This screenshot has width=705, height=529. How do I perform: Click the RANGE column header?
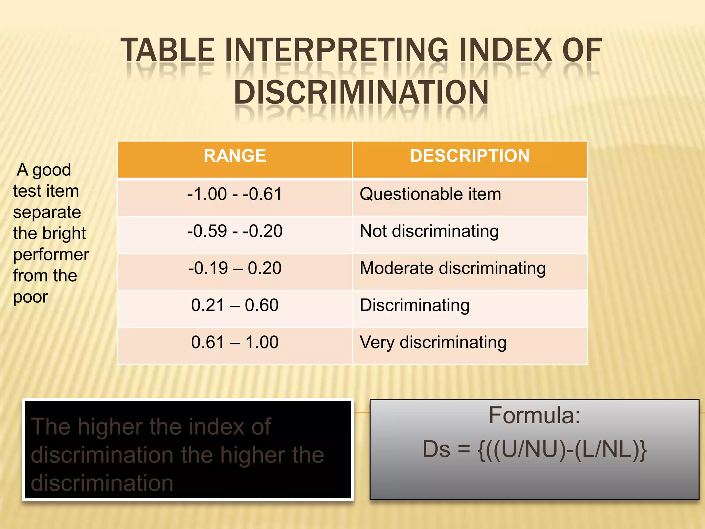pyautogui.click(x=235, y=156)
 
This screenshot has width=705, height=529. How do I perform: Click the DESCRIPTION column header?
pyautogui.click(x=470, y=156)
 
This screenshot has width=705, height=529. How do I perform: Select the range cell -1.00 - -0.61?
pyautogui.click(x=235, y=194)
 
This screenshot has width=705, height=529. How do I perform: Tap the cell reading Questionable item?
pyautogui.click(x=430, y=194)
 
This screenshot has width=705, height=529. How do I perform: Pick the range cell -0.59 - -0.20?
pyautogui.click(x=235, y=231)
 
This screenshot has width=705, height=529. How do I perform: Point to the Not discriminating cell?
pyautogui.click(x=429, y=231)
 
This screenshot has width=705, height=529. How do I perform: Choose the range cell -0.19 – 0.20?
pyautogui.click(x=235, y=268)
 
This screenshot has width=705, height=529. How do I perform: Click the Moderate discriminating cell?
pyautogui.click(x=453, y=268)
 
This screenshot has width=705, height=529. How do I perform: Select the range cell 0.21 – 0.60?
pyautogui.click(x=235, y=305)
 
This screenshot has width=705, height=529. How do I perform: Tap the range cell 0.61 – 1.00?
pyautogui.click(x=235, y=343)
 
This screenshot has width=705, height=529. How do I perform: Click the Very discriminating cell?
pyautogui.click(x=433, y=343)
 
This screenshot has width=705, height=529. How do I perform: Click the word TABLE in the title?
pyautogui.click(x=168, y=51)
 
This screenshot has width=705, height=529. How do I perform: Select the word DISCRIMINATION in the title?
pyautogui.click(x=361, y=92)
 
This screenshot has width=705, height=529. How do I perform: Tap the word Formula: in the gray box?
pyautogui.click(x=534, y=416)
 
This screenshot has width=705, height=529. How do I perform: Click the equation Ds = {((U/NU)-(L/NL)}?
pyautogui.click(x=534, y=449)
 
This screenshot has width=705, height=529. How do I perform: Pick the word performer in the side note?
pyautogui.click(x=51, y=255)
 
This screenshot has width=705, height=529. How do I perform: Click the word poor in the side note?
pyautogui.click(x=31, y=297)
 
